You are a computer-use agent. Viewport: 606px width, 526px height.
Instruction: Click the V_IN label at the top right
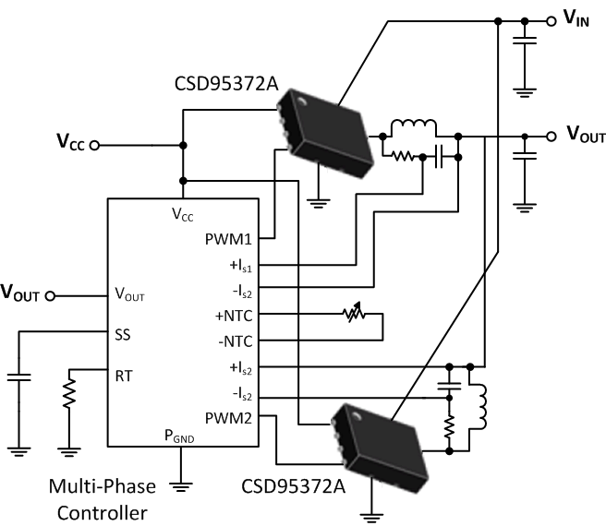(577, 18)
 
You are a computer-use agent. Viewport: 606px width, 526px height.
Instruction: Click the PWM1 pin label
(237, 239)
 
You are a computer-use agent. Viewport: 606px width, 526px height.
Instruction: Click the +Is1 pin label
(243, 265)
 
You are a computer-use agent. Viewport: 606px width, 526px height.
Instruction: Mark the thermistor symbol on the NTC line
(351, 316)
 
